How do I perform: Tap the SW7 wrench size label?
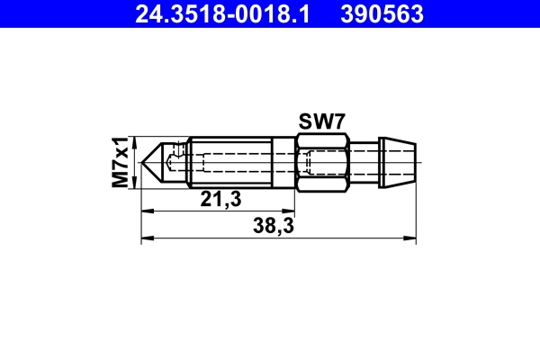point(322,122)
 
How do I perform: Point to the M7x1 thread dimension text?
point(119,162)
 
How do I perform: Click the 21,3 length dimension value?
point(220,200)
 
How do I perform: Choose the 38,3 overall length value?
point(276,229)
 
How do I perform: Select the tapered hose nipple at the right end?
point(398,163)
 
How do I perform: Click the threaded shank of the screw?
point(229,163)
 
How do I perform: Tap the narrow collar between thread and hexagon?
point(283,163)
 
